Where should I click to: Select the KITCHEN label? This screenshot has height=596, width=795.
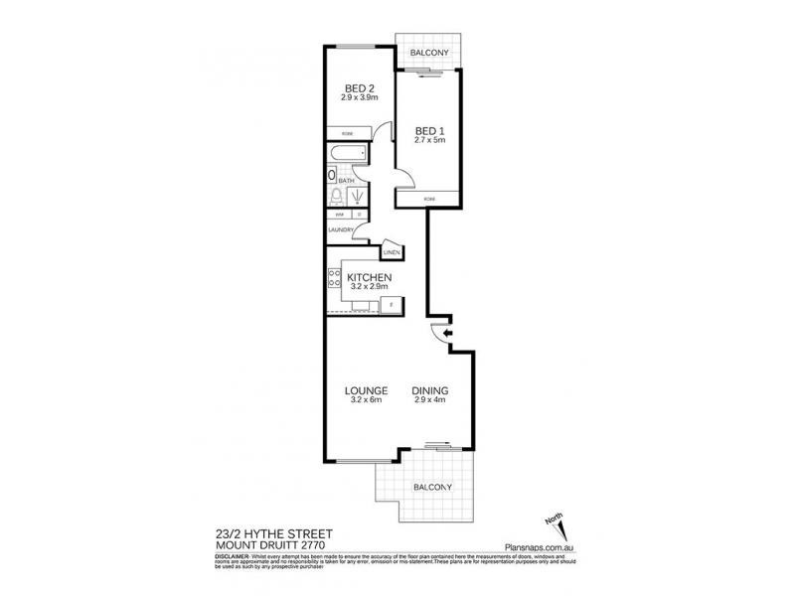[369, 277]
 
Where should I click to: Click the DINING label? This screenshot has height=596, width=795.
[430, 390]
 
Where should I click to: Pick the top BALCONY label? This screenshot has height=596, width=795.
[426, 53]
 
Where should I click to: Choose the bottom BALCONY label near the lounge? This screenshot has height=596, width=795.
[431, 487]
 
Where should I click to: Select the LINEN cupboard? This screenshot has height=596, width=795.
[391, 253]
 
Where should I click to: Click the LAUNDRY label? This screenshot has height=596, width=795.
[340, 230]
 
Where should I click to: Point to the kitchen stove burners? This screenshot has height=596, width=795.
[333, 279]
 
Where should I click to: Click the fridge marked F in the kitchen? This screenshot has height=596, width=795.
[392, 303]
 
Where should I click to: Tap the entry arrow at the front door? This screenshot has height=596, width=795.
[445, 334]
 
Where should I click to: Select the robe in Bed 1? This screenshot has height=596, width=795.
[428, 199]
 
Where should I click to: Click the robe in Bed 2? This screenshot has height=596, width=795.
[348, 132]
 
